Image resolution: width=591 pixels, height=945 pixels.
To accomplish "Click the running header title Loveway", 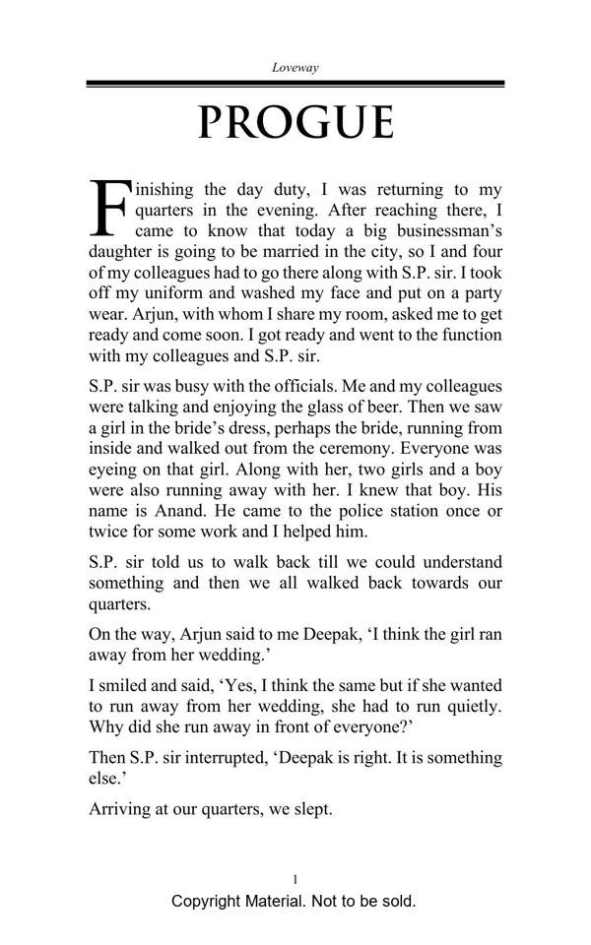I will pyautogui.click(x=295, y=67).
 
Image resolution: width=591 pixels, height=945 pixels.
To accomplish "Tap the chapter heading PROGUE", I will pyautogui.click(x=295, y=122).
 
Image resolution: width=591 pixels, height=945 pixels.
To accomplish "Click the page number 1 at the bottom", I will pyautogui.click(x=295, y=879).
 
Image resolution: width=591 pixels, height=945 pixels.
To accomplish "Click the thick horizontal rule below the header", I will pyautogui.click(x=295, y=84).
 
